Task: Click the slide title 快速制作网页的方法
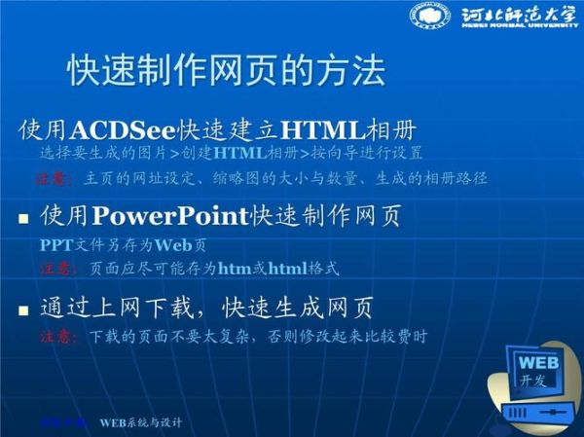(226, 70)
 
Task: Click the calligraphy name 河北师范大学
(513, 14)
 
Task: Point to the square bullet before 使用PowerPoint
(23, 217)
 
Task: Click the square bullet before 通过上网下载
(23, 311)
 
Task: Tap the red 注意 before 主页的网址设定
(55, 179)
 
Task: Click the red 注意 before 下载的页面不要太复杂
(56, 338)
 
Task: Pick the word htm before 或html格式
(235, 268)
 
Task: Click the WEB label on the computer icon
(534, 363)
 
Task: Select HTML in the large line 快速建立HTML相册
(322, 129)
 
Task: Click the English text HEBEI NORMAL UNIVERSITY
(513, 29)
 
